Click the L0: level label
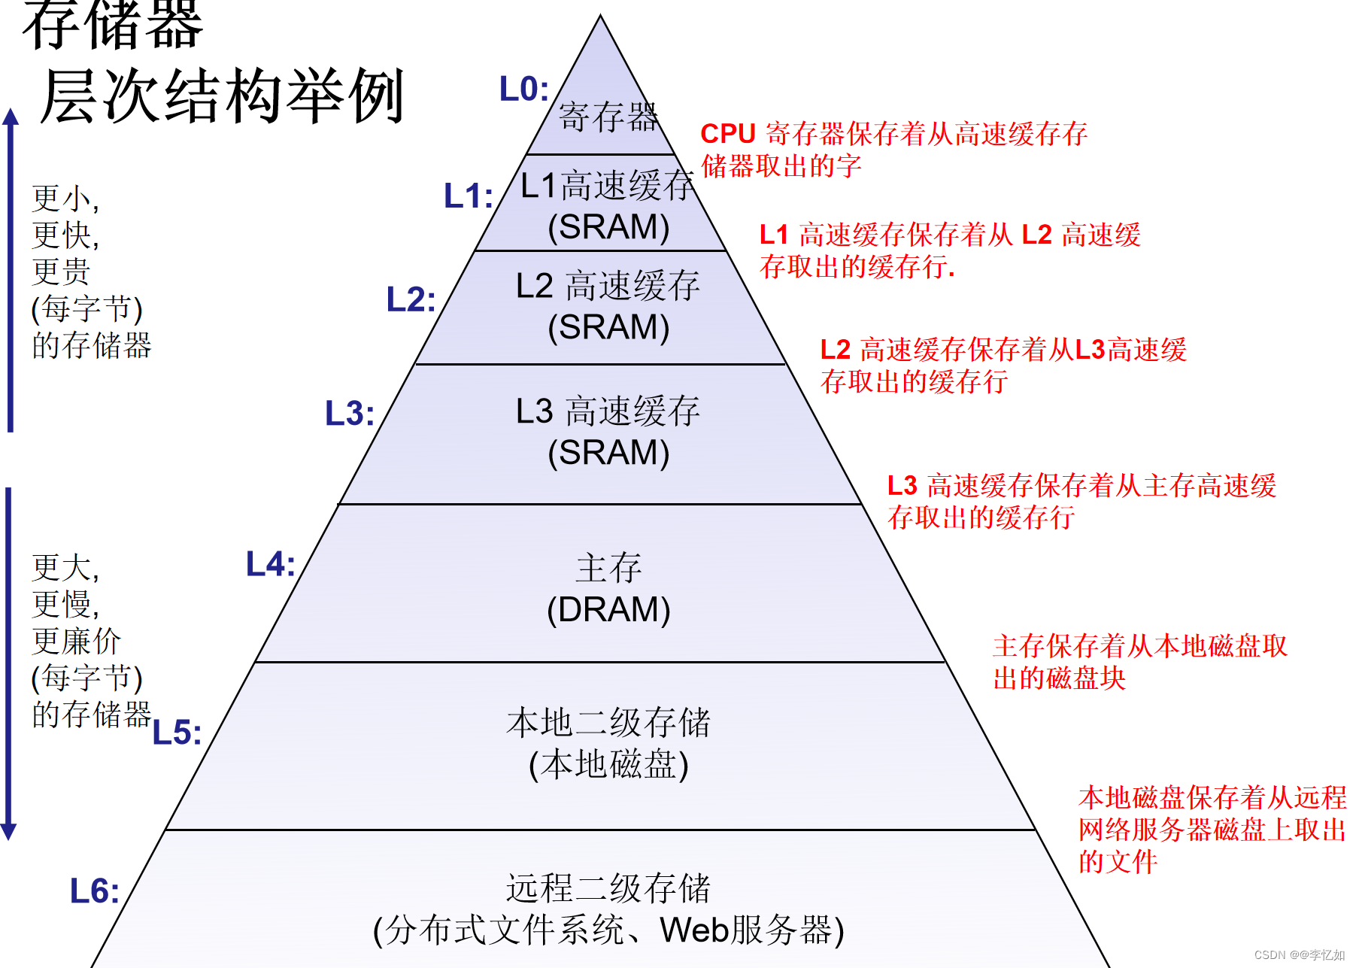point(523,90)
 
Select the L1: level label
point(468,196)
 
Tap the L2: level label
point(411,300)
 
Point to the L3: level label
point(349,414)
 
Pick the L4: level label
point(270,564)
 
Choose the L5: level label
point(177,733)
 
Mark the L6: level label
point(94,891)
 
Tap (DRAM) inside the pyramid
point(608,610)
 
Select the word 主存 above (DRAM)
point(608,568)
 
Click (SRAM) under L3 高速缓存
point(608,453)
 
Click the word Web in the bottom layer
point(695,930)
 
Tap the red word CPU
point(727,134)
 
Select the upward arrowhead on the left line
point(11,117)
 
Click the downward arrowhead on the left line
point(8,831)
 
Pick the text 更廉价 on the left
point(76,642)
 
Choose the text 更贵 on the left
point(61,272)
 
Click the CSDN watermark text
point(1299,955)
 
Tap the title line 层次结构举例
point(223,96)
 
